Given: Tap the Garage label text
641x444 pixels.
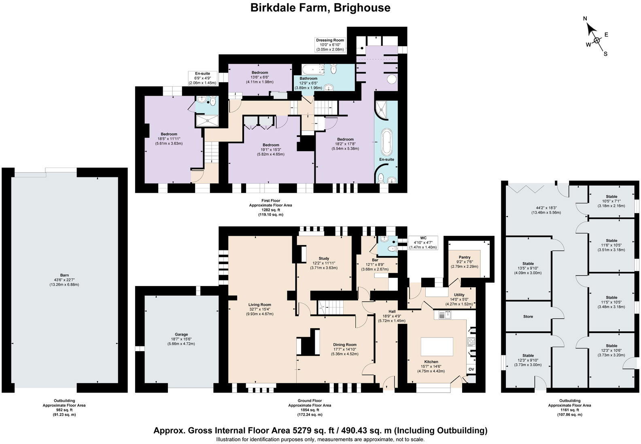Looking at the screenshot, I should tap(181, 335).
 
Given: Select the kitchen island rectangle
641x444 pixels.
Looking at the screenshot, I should tap(437, 346).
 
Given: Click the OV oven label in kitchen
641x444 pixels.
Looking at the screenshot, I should tap(471, 369).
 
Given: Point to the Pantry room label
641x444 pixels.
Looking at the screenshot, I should tap(465, 257).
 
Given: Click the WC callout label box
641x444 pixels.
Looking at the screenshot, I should tap(423, 242).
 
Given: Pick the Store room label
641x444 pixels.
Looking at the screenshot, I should tap(528, 316).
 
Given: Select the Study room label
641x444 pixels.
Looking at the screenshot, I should tap(324, 258).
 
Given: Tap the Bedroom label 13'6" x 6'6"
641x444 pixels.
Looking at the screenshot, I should tap(259, 73).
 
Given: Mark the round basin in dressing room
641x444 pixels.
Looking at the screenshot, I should tap(392, 79).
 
